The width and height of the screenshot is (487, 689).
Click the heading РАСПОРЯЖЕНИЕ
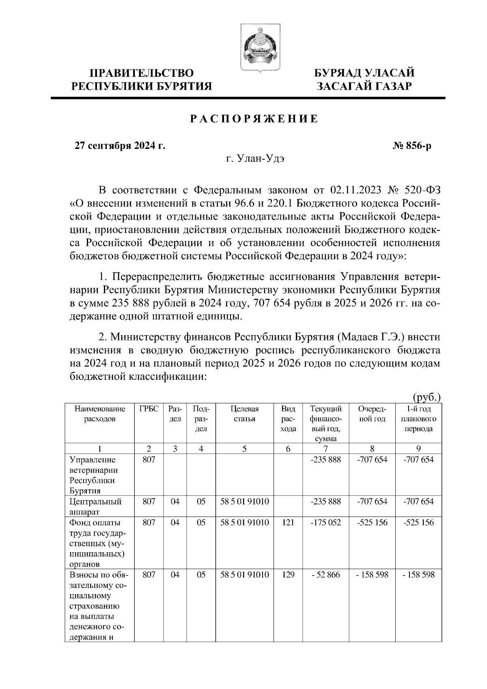pyautogui.click(x=254, y=119)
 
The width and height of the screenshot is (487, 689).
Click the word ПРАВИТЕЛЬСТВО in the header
pyautogui.click(x=142, y=73)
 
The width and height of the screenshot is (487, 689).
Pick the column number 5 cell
pyautogui.click(x=244, y=448)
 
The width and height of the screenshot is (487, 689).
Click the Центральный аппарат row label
pyautogui.click(x=96, y=506)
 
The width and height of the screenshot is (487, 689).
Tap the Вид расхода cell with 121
pyautogui.click(x=288, y=523)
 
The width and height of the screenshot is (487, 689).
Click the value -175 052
pyautogui.click(x=325, y=523)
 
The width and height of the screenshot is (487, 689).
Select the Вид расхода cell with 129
pyautogui.click(x=288, y=575)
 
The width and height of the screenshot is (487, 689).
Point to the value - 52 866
pyautogui.click(x=325, y=575)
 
